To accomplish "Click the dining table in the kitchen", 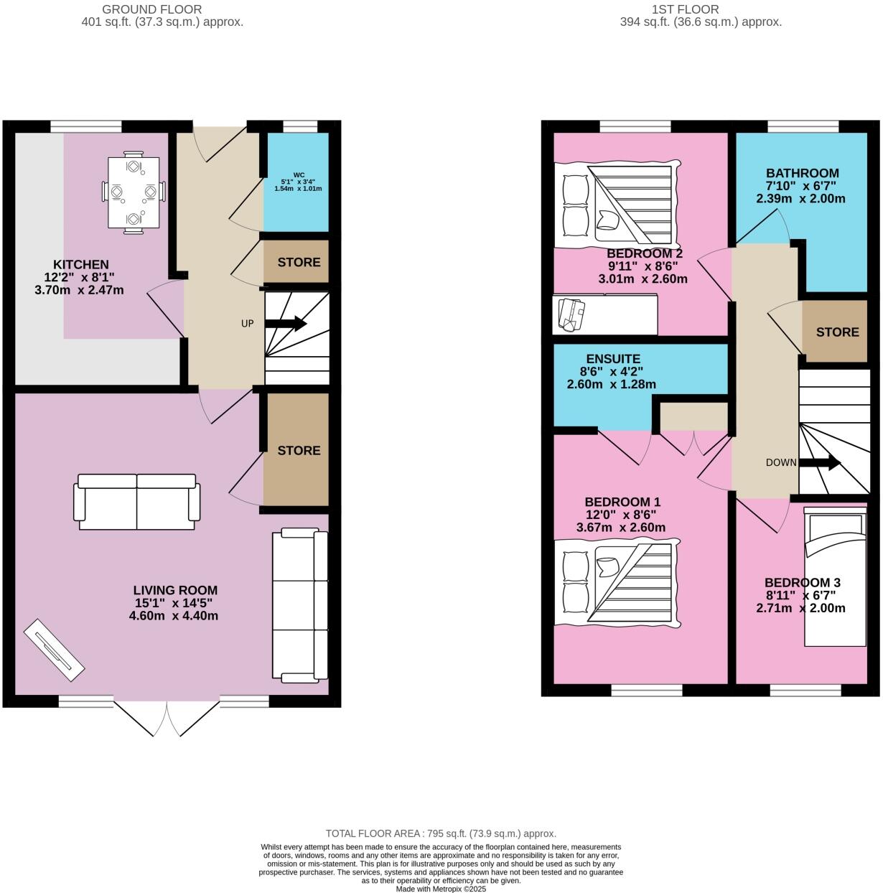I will [133, 192].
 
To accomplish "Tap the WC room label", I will [298, 184].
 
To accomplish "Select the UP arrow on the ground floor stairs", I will [286, 324].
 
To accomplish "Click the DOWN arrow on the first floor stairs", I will [820, 463].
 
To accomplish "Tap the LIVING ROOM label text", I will [175, 591].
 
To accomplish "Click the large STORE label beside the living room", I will [299, 450].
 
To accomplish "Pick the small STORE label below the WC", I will [299, 262].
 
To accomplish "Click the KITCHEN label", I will [80, 265].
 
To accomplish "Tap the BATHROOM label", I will [802, 173].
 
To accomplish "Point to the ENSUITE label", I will [612, 359].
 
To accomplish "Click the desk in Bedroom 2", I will [604, 314].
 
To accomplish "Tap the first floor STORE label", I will [837, 332].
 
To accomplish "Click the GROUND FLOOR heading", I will [151, 9].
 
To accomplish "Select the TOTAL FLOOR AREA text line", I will [441, 833].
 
